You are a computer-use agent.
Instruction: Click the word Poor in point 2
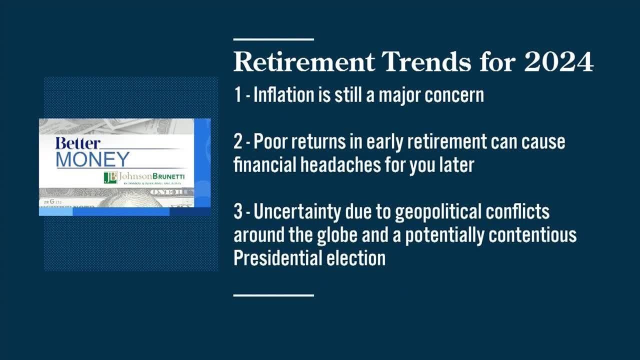coord(269,142)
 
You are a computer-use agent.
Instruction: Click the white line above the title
coord(273,39)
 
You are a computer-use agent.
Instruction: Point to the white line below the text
coord(273,295)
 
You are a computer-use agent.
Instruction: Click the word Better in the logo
coord(77,143)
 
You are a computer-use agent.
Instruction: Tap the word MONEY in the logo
coord(92,159)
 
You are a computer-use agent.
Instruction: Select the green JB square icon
coord(110,177)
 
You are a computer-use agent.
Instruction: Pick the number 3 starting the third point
coord(238,212)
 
